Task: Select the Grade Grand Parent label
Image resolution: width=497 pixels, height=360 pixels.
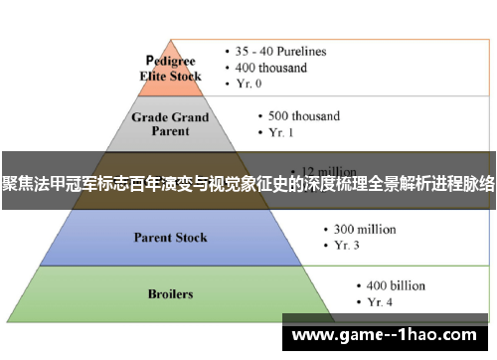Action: (171, 124)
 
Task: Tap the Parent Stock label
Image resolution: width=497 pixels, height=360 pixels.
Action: (171, 238)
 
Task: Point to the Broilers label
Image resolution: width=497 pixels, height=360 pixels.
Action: (170, 294)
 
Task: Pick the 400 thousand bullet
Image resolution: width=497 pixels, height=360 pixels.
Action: (272, 69)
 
